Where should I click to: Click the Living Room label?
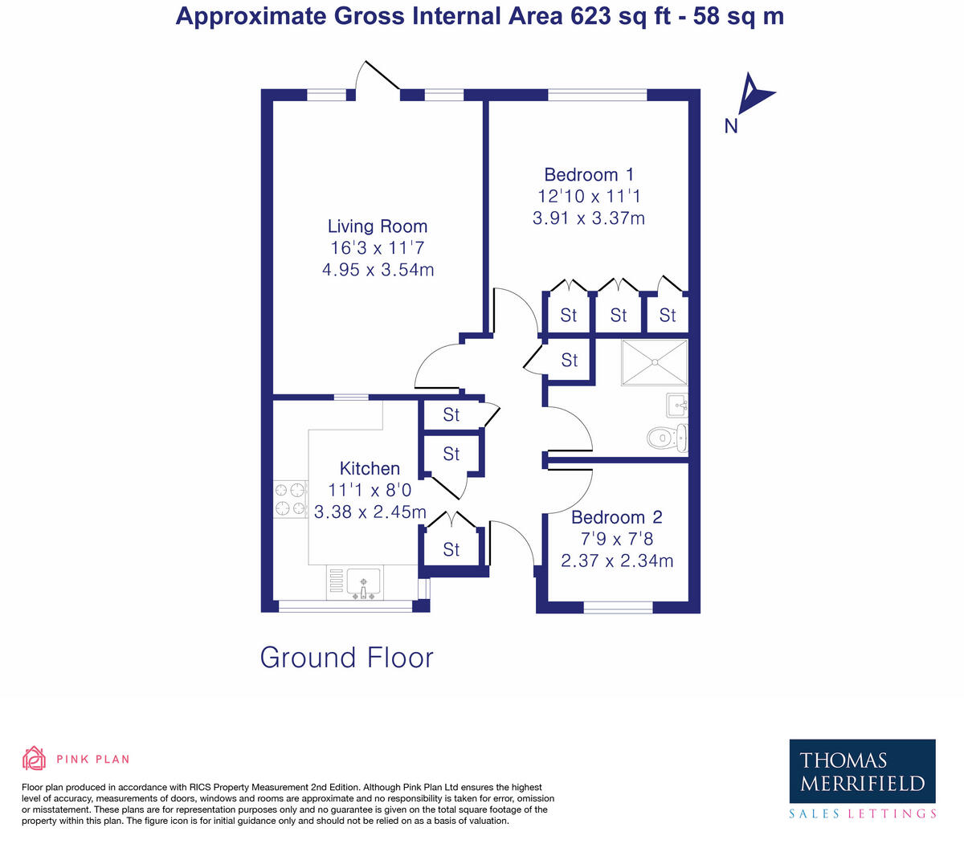click(x=378, y=226)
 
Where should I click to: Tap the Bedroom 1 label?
click(x=589, y=174)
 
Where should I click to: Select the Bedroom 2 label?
click(x=617, y=517)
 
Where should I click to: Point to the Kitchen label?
click(x=370, y=468)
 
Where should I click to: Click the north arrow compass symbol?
click(x=754, y=94)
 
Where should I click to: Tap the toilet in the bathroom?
click(x=667, y=438)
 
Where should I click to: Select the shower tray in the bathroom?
click(x=654, y=362)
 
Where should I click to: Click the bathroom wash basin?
click(x=677, y=406)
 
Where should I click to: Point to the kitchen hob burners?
click(x=290, y=499)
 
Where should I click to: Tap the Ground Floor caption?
click(x=347, y=658)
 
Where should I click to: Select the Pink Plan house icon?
click(x=35, y=758)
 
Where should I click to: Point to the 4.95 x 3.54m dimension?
click(x=378, y=270)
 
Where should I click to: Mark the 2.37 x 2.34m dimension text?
click(x=617, y=561)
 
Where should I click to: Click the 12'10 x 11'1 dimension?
click(x=589, y=196)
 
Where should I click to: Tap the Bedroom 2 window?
click(x=618, y=607)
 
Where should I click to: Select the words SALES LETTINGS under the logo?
click(x=862, y=813)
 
